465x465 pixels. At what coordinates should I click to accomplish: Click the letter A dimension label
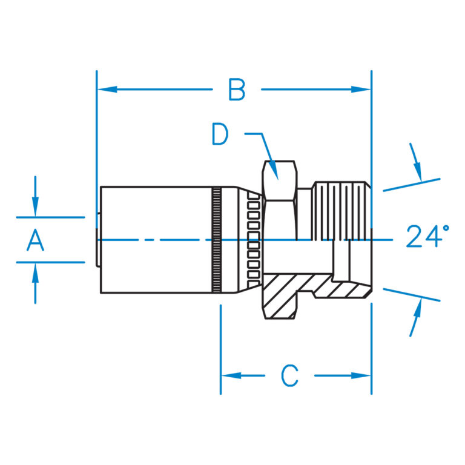point(36,240)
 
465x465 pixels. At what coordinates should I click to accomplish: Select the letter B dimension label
point(237,90)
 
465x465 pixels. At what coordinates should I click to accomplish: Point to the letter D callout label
point(220,134)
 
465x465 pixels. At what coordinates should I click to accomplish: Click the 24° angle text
point(427,237)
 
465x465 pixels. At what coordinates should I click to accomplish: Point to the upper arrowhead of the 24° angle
point(418,173)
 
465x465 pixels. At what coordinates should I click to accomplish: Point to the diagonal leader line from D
point(270,155)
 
